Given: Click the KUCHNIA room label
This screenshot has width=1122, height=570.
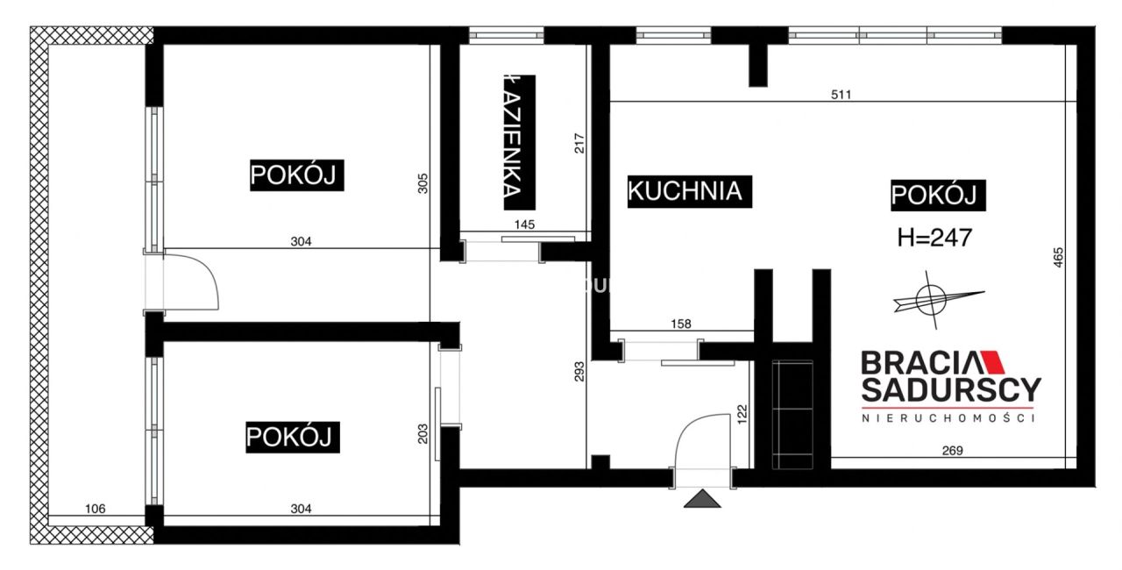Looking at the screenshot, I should [x=686, y=190].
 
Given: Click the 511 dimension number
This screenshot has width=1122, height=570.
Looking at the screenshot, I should [x=841, y=95].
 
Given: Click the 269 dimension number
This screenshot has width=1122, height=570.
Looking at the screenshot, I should [x=952, y=452].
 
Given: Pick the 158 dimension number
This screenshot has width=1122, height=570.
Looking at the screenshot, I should [x=680, y=324].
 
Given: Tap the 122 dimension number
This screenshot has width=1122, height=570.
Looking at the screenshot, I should [x=742, y=414].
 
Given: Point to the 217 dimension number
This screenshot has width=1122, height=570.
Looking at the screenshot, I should [x=579, y=143].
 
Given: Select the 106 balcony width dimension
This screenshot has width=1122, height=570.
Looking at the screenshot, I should [x=95, y=509].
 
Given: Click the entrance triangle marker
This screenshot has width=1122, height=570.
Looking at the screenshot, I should [x=702, y=499].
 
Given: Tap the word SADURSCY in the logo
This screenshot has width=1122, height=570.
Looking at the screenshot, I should [x=951, y=388].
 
